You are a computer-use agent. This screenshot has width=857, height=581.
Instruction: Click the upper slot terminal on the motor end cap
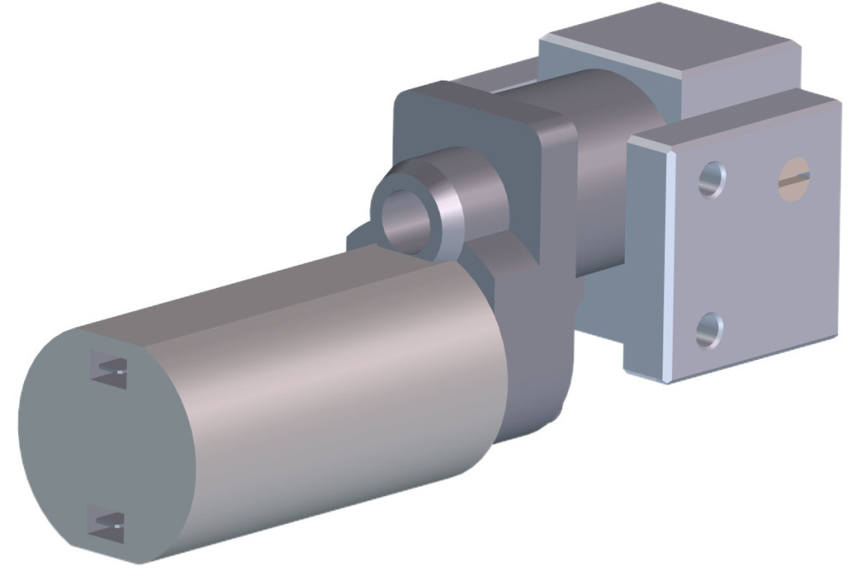point(110,369)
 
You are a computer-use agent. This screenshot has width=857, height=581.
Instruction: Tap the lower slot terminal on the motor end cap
point(108,522)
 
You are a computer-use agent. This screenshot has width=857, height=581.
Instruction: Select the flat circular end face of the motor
point(94,446)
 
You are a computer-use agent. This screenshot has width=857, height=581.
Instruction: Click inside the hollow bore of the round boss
point(405,219)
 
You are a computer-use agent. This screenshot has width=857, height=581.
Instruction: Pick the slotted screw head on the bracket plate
point(793,177)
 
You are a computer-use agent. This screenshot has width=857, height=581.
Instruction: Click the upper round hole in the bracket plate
point(711,180)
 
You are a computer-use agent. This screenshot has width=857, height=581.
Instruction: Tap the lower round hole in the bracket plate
point(709,330)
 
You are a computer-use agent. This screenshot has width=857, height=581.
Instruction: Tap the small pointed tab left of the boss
point(356,240)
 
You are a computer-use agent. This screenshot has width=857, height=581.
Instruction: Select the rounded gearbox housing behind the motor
point(531,343)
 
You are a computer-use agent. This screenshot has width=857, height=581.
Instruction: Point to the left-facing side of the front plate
point(647,257)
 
